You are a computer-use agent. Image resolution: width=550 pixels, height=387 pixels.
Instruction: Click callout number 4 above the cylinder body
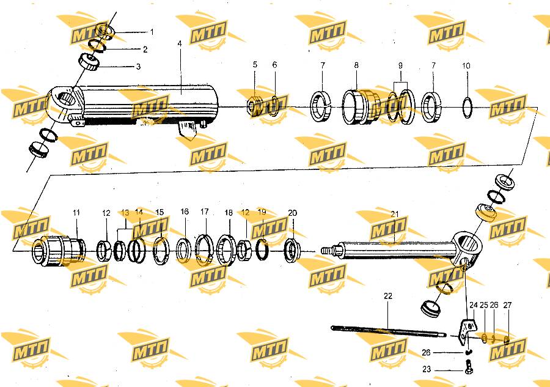coord(180,43)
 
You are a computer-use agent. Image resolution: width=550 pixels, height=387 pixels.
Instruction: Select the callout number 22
coord(388,296)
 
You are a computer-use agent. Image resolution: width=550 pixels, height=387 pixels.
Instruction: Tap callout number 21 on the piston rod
coord(395,213)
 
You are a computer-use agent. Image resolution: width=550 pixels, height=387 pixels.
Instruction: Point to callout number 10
coord(466,65)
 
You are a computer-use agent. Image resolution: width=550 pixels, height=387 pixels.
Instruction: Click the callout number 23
coord(427,369)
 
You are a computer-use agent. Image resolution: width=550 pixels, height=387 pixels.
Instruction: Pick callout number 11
coord(76,213)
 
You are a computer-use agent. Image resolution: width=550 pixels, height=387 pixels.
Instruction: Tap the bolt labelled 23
coord(469,367)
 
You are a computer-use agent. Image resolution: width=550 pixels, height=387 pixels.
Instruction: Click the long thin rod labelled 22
coord(388,331)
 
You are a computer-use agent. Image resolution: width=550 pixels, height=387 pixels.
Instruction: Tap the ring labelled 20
coord(291,250)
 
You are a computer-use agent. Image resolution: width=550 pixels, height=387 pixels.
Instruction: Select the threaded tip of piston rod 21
coord(326,251)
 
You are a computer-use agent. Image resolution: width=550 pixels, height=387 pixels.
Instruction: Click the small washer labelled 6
coord(274,106)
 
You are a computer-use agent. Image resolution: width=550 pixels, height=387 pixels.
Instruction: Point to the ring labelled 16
coord(183,250)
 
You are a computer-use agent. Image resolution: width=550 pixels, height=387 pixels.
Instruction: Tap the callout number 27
coord(508,305)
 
